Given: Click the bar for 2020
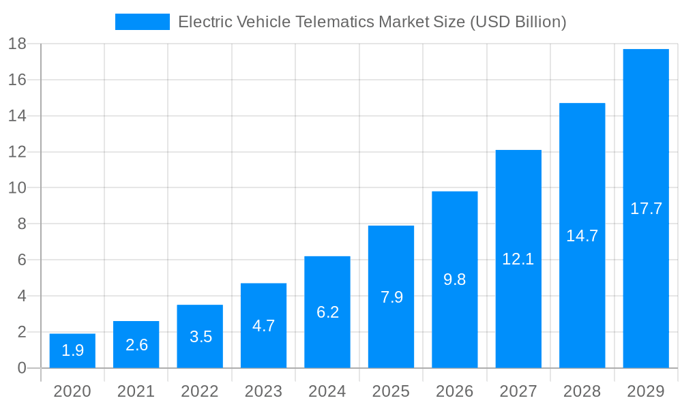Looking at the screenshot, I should point(72,351).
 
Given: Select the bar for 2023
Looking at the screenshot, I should point(263,326).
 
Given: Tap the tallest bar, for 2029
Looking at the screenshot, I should point(646,209).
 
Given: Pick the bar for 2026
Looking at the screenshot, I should point(454,279).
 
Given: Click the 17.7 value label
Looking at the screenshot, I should point(646,209).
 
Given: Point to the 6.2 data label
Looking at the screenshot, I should point(327,312).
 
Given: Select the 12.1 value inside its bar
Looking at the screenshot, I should point(518,259).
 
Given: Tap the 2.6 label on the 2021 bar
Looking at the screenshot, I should point(136,345).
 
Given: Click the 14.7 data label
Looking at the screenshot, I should point(582,236).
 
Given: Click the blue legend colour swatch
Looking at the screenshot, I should point(142,22).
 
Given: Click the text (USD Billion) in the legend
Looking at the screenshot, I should point(518,22).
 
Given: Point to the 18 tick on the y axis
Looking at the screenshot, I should point(17,44).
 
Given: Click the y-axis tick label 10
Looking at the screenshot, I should point(17,188).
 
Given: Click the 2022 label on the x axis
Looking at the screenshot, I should point(200,391).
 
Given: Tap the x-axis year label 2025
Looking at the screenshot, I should point(391,391).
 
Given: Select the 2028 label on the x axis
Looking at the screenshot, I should point(582,391).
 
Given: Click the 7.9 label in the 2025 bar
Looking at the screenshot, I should point(391,297).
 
